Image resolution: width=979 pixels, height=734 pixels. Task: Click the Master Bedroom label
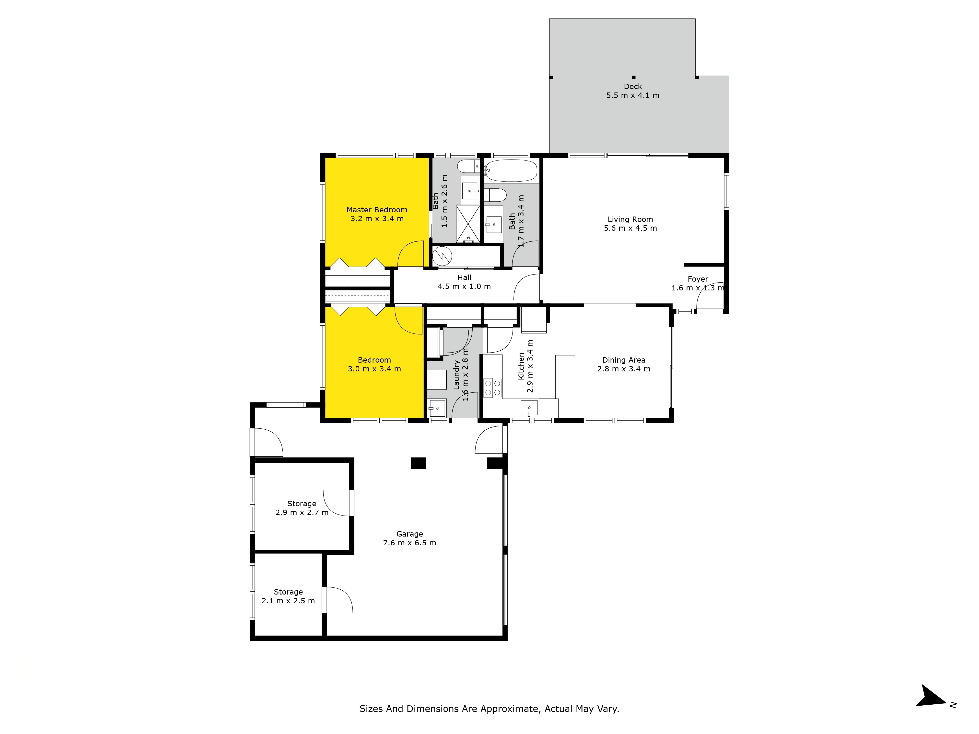(x=377, y=210)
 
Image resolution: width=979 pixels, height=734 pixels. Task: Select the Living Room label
(x=630, y=219)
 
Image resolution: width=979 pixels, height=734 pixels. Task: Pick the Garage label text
(x=409, y=534)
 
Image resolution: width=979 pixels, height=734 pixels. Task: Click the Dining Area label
(x=624, y=360)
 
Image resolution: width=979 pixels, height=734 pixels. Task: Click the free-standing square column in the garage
(x=418, y=463)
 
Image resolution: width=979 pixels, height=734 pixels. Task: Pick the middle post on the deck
(x=633, y=77)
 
